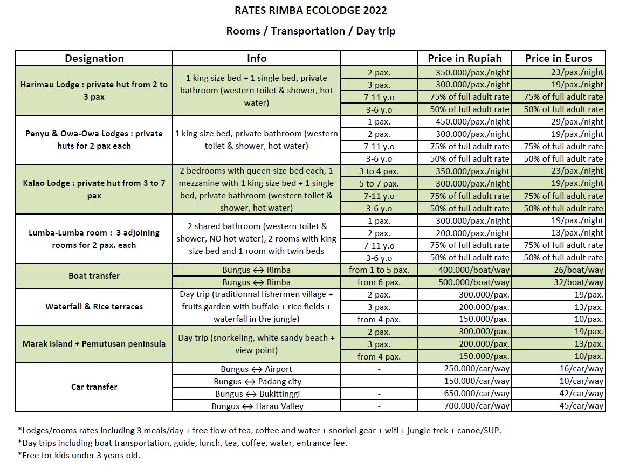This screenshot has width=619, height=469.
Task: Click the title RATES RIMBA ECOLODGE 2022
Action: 311,10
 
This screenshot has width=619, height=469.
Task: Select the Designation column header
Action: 94,58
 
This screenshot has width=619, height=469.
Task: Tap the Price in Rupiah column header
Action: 464,58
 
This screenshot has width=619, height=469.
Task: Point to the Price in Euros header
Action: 558,58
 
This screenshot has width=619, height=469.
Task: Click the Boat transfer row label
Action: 94,276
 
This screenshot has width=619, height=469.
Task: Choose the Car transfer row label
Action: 94,387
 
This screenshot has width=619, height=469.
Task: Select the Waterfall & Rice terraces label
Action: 94,307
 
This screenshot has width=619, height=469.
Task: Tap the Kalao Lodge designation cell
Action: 94,189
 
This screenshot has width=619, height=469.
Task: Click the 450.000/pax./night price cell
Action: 473,122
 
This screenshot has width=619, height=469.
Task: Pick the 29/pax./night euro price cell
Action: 579,122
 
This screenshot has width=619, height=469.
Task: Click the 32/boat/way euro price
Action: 581,282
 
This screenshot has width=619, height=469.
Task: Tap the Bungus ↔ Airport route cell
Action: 256,369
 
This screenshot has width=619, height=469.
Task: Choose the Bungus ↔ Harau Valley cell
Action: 257,406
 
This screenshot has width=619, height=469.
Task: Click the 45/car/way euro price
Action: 581,406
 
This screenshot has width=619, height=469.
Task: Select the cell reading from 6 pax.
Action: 379,282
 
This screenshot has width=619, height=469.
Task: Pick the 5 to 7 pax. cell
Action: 379,183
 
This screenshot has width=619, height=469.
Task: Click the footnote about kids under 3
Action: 79,455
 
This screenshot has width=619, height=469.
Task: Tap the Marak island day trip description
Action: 256,344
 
